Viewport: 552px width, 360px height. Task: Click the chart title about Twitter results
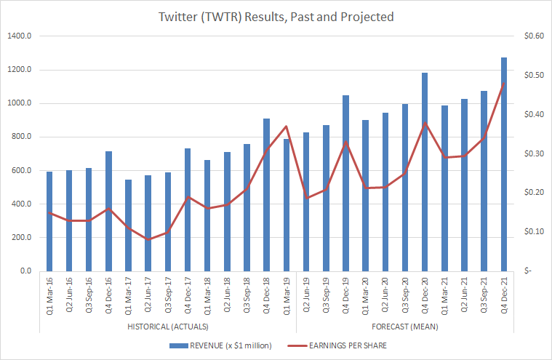[276, 17]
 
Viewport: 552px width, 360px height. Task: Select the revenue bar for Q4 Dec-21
[503, 164]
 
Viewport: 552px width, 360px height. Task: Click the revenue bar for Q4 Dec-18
[267, 194]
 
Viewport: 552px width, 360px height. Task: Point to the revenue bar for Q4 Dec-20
[425, 172]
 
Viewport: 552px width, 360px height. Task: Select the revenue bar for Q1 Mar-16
[49, 221]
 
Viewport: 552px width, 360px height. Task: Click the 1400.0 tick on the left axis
[19, 36]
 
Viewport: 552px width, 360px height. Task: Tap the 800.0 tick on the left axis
[21, 137]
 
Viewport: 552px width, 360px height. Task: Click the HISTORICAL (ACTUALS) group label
[167, 327]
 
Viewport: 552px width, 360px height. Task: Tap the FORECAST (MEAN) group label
[404, 327]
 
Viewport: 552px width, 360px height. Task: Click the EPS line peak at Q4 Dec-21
[503, 84]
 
